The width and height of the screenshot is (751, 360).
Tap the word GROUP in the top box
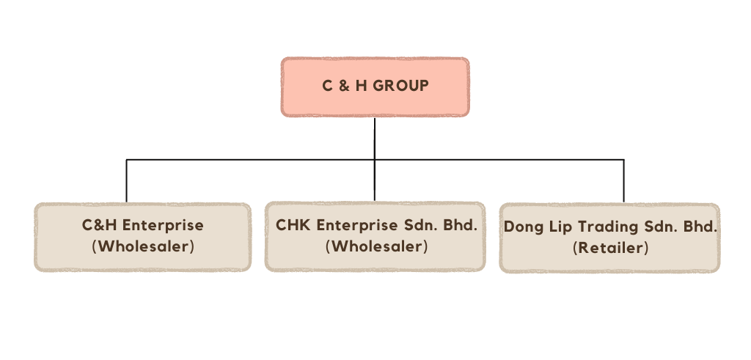point(401,86)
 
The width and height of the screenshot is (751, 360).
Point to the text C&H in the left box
point(98,225)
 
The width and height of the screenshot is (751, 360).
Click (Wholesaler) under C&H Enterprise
point(143,246)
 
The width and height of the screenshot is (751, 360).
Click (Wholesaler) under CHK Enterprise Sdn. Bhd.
point(376,246)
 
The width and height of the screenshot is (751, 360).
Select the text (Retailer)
point(610,248)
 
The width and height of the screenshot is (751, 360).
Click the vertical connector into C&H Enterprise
point(127,180)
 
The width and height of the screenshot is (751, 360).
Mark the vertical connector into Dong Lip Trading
point(624,180)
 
